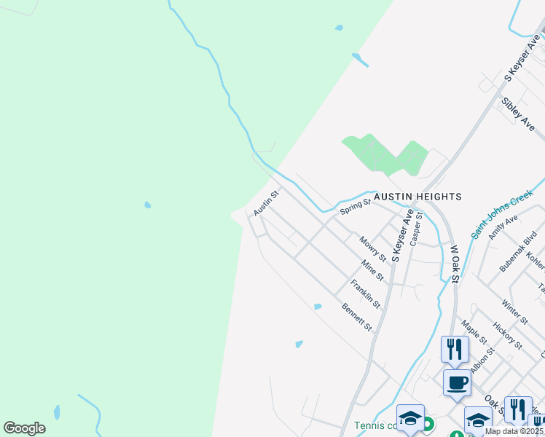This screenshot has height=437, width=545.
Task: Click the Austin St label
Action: point(266,203)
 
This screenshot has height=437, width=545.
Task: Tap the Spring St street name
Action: point(355,207)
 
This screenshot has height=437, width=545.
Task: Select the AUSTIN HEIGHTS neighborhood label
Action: point(417,197)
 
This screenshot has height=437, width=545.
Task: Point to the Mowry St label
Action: point(372,248)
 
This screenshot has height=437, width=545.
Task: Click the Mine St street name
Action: point(372,271)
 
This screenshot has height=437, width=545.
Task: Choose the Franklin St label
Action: point(365,293)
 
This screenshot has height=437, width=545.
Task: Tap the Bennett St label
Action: point(357,317)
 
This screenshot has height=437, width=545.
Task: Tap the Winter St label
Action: point(514,310)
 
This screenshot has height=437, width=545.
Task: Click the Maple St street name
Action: point(474,331)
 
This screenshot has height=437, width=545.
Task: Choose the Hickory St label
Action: point(507,335)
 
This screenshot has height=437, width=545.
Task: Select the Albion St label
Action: point(482,361)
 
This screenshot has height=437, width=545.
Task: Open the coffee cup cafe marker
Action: point(457,382)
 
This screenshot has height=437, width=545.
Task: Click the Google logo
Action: point(24,428)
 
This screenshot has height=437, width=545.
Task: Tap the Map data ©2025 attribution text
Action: point(514,431)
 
